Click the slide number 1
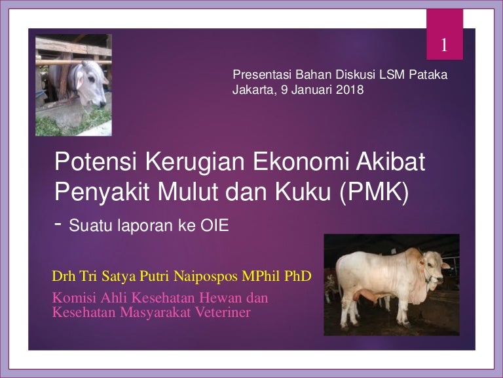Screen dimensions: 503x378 (x=444, y=45)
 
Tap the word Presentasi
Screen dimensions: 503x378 (x=262, y=75)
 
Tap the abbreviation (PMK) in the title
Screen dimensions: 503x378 (x=374, y=192)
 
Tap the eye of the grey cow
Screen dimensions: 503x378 (x=92, y=79)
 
